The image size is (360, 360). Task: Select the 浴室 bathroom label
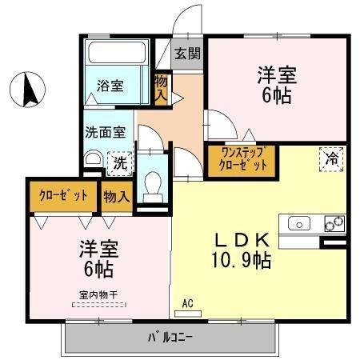(110, 86)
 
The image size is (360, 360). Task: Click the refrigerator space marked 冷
(330, 158)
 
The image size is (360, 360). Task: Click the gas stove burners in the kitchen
(334, 223)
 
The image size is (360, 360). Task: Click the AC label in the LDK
(188, 303)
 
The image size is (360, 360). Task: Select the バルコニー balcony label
(170, 337)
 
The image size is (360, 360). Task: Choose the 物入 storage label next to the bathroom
(161, 87)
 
